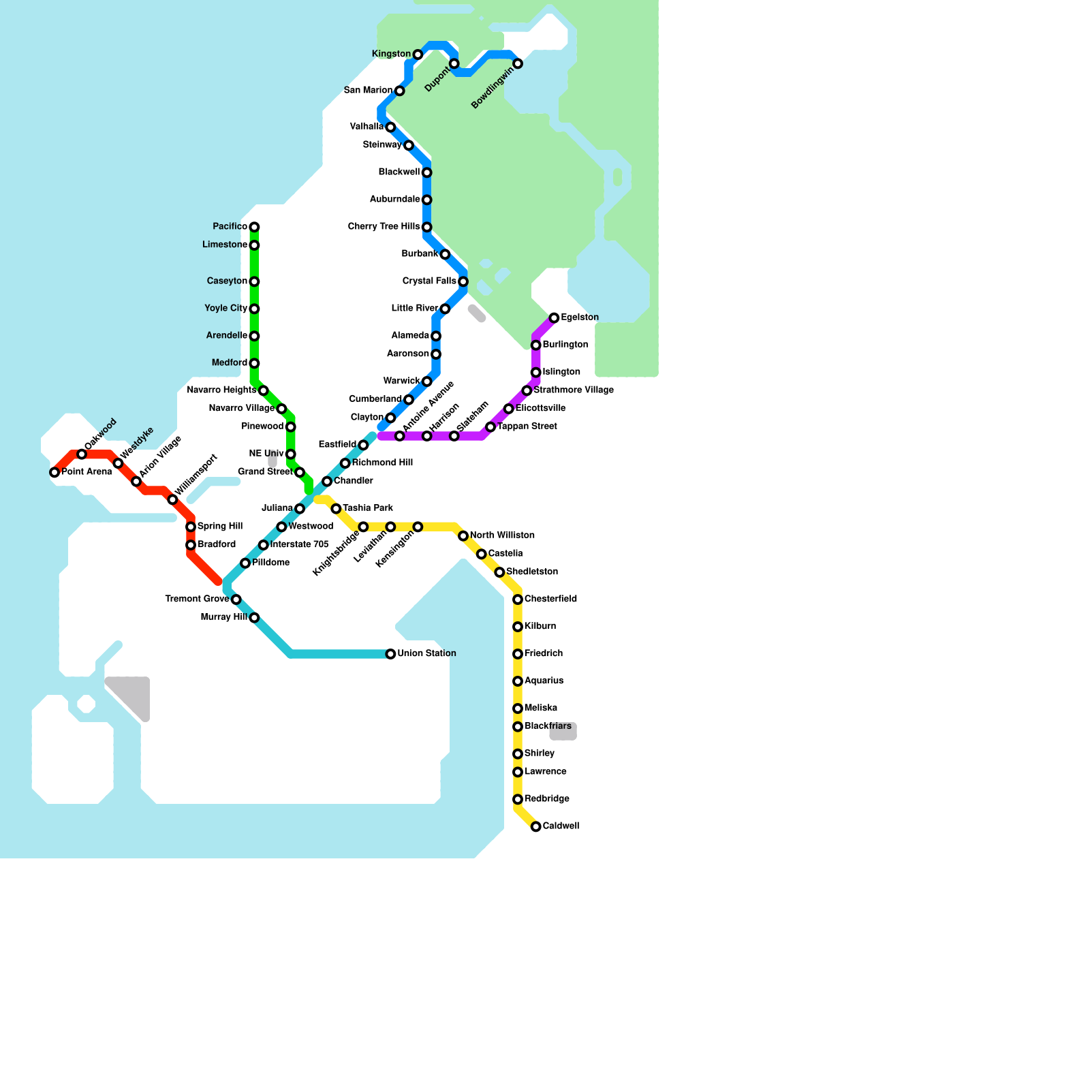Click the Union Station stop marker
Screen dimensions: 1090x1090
coord(390,654)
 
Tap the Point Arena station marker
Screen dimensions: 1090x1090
coord(54,472)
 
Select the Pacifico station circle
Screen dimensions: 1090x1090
coord(254,227)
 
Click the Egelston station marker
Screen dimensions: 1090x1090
coord(554,318)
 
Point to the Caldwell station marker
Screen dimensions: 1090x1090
coord(536,826)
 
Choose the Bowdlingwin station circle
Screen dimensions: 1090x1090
coord(518,63)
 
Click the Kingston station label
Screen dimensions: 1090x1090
coord(391,54)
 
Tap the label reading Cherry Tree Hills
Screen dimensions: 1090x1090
coord(384,226)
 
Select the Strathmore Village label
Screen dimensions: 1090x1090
coord(574,390)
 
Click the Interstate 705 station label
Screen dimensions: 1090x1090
coord(299,544)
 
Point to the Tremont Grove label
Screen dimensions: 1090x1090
coord(197,599)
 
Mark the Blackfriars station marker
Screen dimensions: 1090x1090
coord(518,727)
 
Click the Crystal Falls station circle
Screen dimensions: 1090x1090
coord(463,281)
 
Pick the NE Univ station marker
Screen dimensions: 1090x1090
coord(291,454)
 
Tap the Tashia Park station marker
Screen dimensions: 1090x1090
coord(336,509)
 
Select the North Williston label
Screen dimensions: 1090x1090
coord(502,535)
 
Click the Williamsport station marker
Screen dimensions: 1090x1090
coord(172,500)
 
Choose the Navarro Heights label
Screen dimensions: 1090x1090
coord(221,390)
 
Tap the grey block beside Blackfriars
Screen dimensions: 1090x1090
coord(563,731)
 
